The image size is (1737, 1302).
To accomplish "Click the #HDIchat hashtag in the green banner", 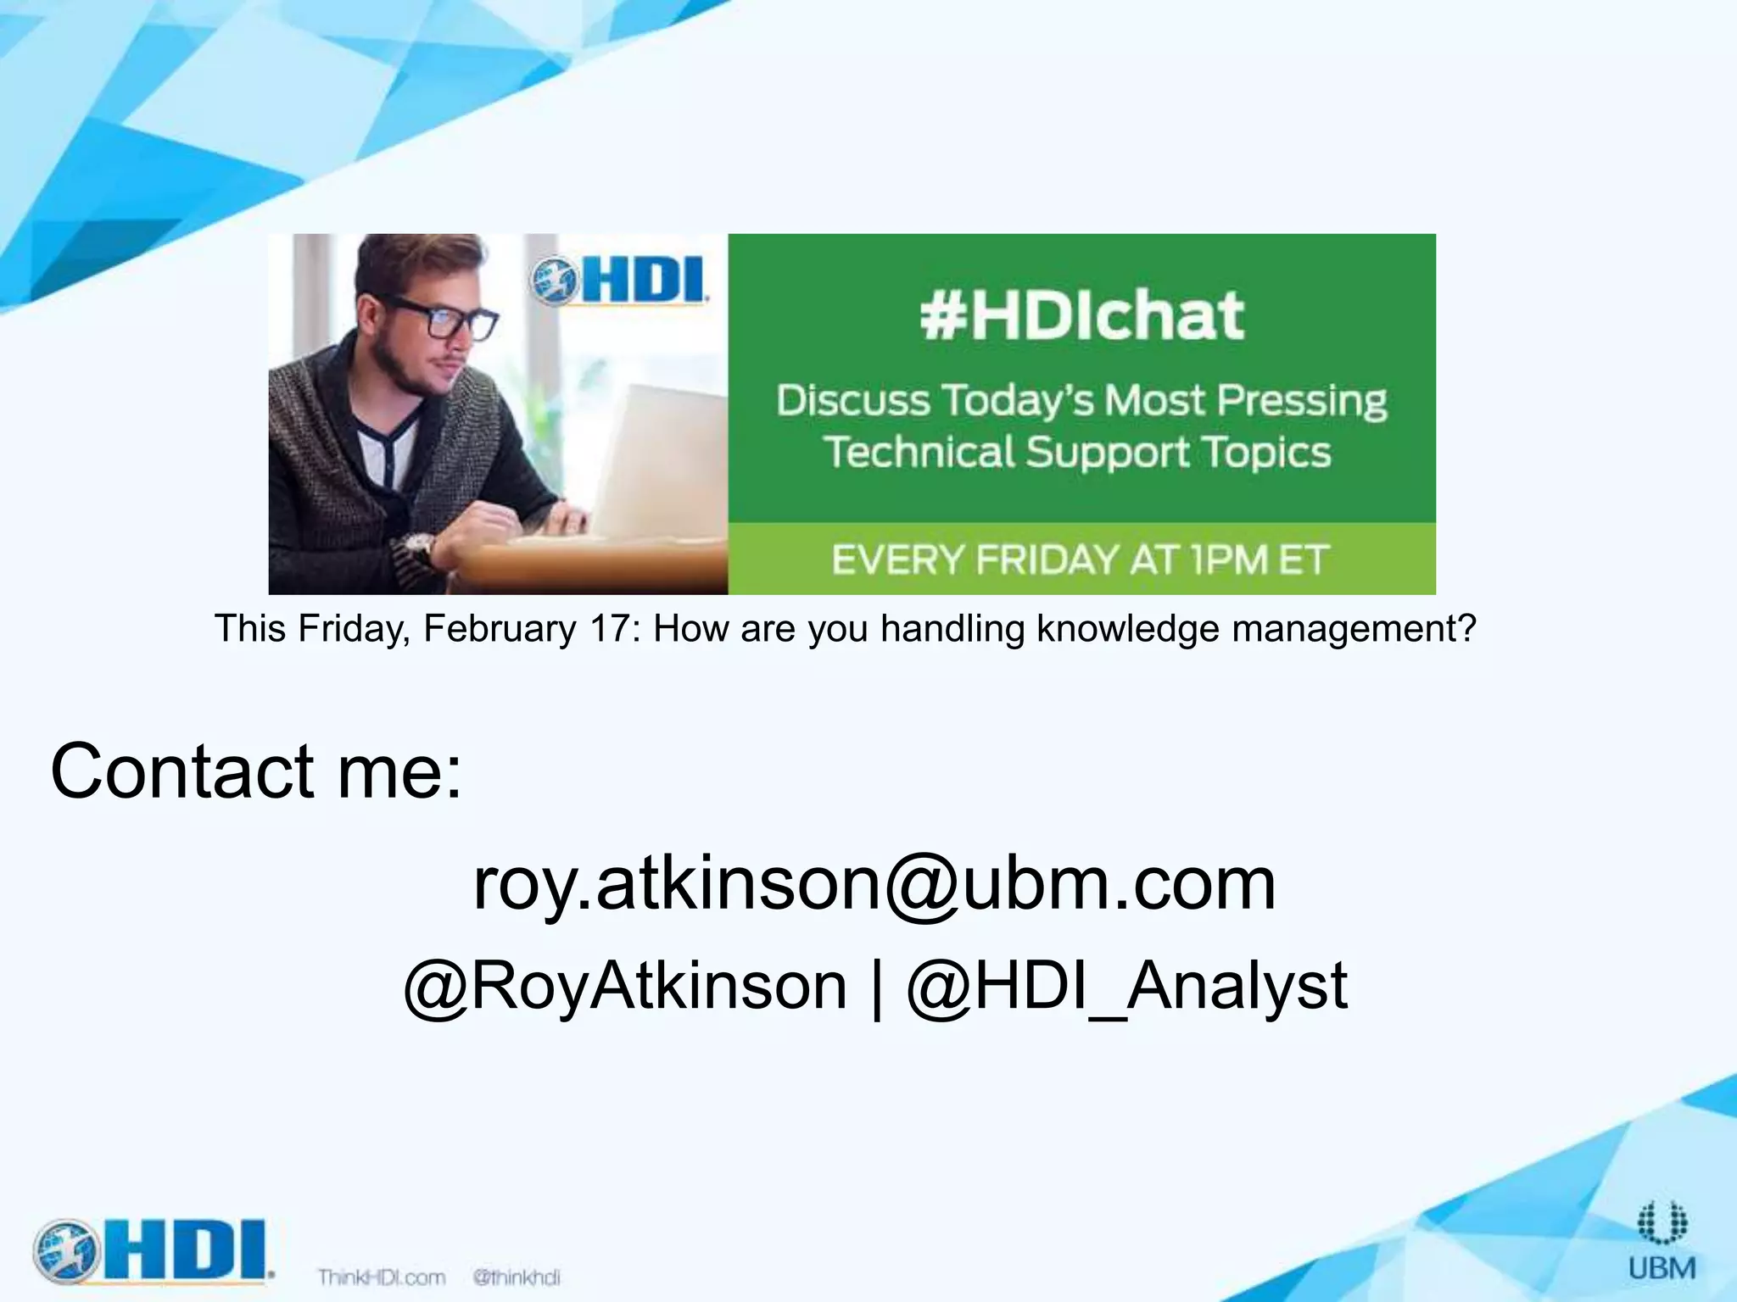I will [x=1081, y=315].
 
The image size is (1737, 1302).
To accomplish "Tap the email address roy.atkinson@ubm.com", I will [x=874, y=883].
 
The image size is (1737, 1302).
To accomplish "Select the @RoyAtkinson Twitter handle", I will [x=625, y=986].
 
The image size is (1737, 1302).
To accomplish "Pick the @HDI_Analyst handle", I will [x=1126, y=986].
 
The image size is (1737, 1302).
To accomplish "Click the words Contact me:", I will [x=256, y=771].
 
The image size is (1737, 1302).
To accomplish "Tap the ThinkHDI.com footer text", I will [x=381, y=1277].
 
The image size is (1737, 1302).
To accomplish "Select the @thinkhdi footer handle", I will [x=517, y=1277].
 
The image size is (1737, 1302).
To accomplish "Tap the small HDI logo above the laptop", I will [x=620, y=281].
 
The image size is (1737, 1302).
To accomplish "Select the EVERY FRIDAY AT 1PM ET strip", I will [x=1081, y=559].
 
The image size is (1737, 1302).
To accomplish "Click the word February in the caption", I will [x=500, y=629].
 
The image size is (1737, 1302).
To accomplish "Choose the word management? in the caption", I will [x=1354, y=629].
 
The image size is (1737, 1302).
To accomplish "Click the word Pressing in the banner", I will [x=1302, y=400].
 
